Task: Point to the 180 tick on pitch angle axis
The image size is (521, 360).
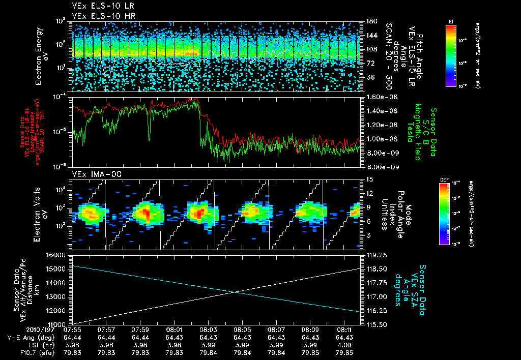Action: (x=367, y=21)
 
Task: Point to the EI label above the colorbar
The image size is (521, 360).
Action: (x=450, y=21)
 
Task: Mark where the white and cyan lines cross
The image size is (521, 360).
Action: (x=235, y=292)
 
